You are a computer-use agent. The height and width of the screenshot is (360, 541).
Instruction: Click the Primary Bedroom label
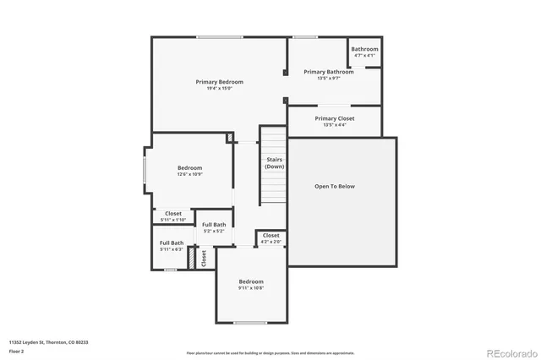[219, 82]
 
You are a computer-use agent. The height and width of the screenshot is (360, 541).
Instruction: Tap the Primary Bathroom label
[328, 72]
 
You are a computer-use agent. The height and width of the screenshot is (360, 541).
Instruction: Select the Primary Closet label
[335, 118]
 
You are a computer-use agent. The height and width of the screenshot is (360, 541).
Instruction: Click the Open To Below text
[335, 186]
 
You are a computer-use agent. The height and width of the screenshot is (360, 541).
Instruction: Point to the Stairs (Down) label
[274, 163]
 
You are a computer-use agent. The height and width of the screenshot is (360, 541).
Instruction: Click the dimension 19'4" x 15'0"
[219, 89]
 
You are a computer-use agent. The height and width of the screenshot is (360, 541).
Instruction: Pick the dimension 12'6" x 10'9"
[189, 175]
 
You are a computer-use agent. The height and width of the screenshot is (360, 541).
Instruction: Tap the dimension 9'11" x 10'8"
[250, 288]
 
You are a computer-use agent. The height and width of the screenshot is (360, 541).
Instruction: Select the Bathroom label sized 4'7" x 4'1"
[364, 49]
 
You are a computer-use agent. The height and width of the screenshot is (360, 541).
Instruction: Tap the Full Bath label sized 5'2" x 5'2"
[214, 225]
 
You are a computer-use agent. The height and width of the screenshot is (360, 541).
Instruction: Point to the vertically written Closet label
[204, 258]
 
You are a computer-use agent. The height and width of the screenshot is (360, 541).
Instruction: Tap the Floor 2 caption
[17, 350]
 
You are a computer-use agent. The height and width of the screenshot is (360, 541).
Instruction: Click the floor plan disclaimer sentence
[270, 353]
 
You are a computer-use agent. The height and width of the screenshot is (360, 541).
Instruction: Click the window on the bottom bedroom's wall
[250, 322]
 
